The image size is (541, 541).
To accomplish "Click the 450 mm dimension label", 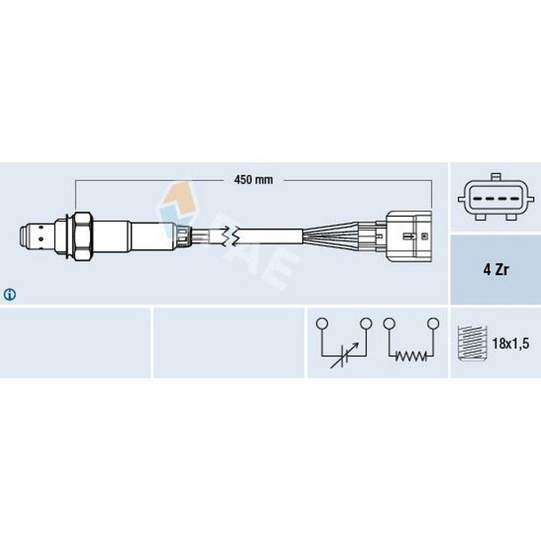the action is click(x=253, y=180).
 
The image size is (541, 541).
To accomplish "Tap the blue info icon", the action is click(x=10, y=294).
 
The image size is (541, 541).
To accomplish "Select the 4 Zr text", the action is click(x=496, y=270).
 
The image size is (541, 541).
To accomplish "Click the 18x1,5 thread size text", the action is click(x=511, y=344).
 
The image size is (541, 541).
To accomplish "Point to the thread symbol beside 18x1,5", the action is click(x=472, y=344).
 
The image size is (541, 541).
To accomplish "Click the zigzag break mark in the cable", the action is click(x=230, y=236).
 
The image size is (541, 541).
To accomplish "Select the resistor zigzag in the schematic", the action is click(x=411, y=356).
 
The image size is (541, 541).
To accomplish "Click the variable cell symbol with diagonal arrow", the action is click(x=344, y=355).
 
